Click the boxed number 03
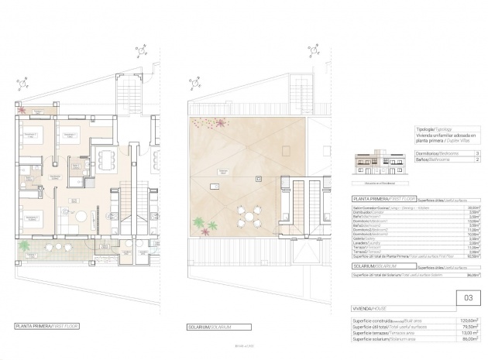tap(467, 295)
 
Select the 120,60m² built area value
tap(469, 320)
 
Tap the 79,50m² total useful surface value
tap(469, 326)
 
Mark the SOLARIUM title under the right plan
tap(210, 327)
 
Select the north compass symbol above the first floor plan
tap(140, 51)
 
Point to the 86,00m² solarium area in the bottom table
tap(469, 339)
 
